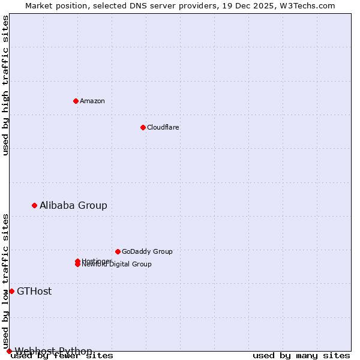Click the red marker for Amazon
tap(76, 101)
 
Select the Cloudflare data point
tap(143, 127)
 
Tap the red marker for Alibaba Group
tap(34, 205)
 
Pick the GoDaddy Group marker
tap(118, 251)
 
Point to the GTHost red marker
tap(11, 291)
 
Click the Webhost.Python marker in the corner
tap(9, 351)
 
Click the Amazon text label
tap(92, 101)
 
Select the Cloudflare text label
tap(163, 127)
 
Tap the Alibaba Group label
tap(73, 205)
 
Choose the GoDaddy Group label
tap(147, 251)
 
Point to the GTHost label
tap(34, 291)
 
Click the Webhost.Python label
tap(53, 350)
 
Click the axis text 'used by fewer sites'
tap(62, 356)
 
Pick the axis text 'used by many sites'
tap(301, 356)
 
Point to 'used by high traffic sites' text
tap(5, 85)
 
